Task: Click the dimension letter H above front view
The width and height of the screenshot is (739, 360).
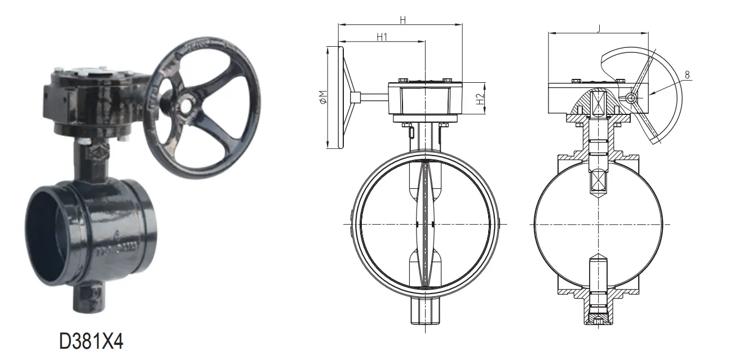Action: click(402, 20)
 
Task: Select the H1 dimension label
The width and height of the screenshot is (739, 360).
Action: click(382, 37)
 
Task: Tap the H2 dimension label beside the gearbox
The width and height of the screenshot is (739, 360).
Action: click(480, 100)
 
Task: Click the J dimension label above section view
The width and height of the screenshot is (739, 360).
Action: click(597, 28)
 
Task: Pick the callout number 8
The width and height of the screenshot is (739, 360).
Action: click(688, 74)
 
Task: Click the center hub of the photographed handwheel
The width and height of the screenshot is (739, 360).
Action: click(184, 105)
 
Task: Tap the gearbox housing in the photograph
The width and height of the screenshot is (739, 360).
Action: click(90, 101)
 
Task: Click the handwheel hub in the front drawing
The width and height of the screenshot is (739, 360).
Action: click(354, 97)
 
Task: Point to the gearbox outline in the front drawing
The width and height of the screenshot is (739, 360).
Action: click(426, 99)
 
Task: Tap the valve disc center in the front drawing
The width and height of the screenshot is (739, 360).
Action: click(426, 224)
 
